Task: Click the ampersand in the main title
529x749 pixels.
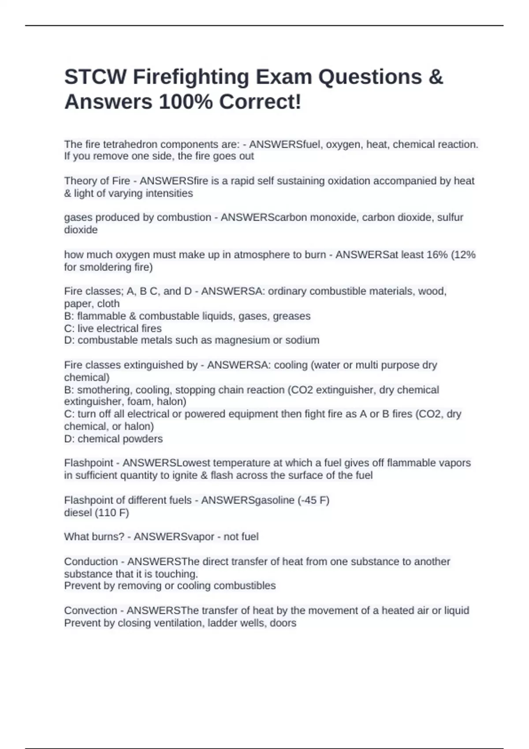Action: point(435,77)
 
